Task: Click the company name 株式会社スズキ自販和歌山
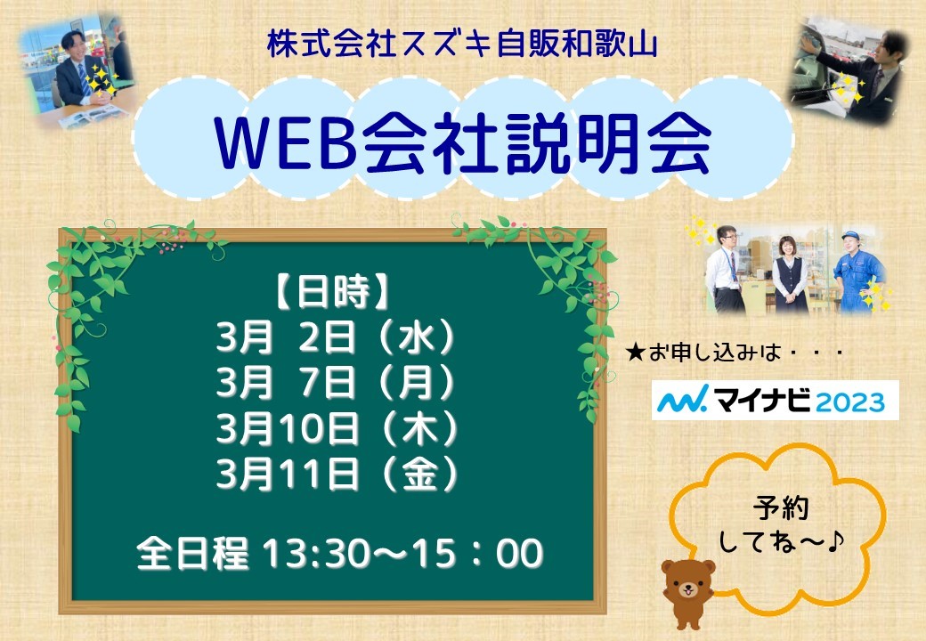[x=462, y=45]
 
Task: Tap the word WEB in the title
[x=286, y=142]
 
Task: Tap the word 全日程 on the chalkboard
[x=192, y=554]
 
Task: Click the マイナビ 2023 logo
[x=775, y=401]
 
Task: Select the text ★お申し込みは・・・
[x=734, y=353]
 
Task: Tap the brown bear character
[x=688, y=592]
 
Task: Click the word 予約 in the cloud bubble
[x=781, y=508]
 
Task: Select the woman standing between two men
[x=789, y=274]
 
